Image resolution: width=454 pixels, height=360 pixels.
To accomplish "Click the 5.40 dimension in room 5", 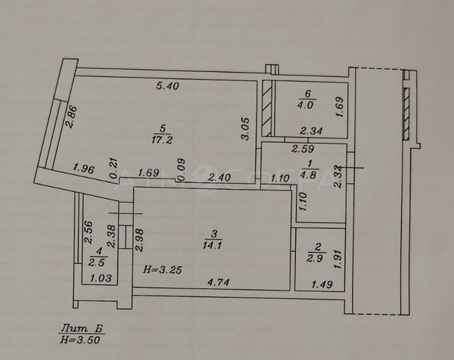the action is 168,85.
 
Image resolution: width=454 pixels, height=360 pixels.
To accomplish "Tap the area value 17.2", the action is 162,140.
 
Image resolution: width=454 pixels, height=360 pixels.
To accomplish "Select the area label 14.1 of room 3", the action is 213,245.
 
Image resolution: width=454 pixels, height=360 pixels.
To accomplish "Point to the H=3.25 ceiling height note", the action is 163,270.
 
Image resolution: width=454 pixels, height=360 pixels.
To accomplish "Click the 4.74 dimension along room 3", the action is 219,281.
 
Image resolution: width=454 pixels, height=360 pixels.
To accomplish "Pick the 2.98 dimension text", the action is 139,240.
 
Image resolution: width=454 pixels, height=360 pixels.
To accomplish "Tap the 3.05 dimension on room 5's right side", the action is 245,129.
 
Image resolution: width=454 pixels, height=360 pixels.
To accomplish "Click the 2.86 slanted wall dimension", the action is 71,117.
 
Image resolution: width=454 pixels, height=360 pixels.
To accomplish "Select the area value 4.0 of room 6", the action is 305,105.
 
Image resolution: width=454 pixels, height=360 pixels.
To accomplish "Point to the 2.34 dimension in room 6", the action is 311,131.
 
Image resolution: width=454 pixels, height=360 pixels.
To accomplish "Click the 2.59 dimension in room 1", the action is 303,149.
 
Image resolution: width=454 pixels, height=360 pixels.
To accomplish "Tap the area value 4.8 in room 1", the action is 309,175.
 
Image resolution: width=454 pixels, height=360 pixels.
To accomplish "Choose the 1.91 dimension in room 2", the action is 337,259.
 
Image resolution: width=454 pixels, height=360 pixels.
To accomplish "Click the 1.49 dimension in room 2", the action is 322,284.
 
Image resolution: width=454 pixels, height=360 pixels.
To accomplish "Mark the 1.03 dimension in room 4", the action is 101,278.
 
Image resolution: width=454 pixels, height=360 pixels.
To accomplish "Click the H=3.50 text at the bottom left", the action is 80,340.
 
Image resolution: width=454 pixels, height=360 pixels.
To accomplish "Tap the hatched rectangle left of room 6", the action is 267,108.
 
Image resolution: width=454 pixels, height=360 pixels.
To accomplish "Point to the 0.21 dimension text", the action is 113,168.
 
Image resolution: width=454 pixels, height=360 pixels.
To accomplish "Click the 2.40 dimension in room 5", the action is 219,177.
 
